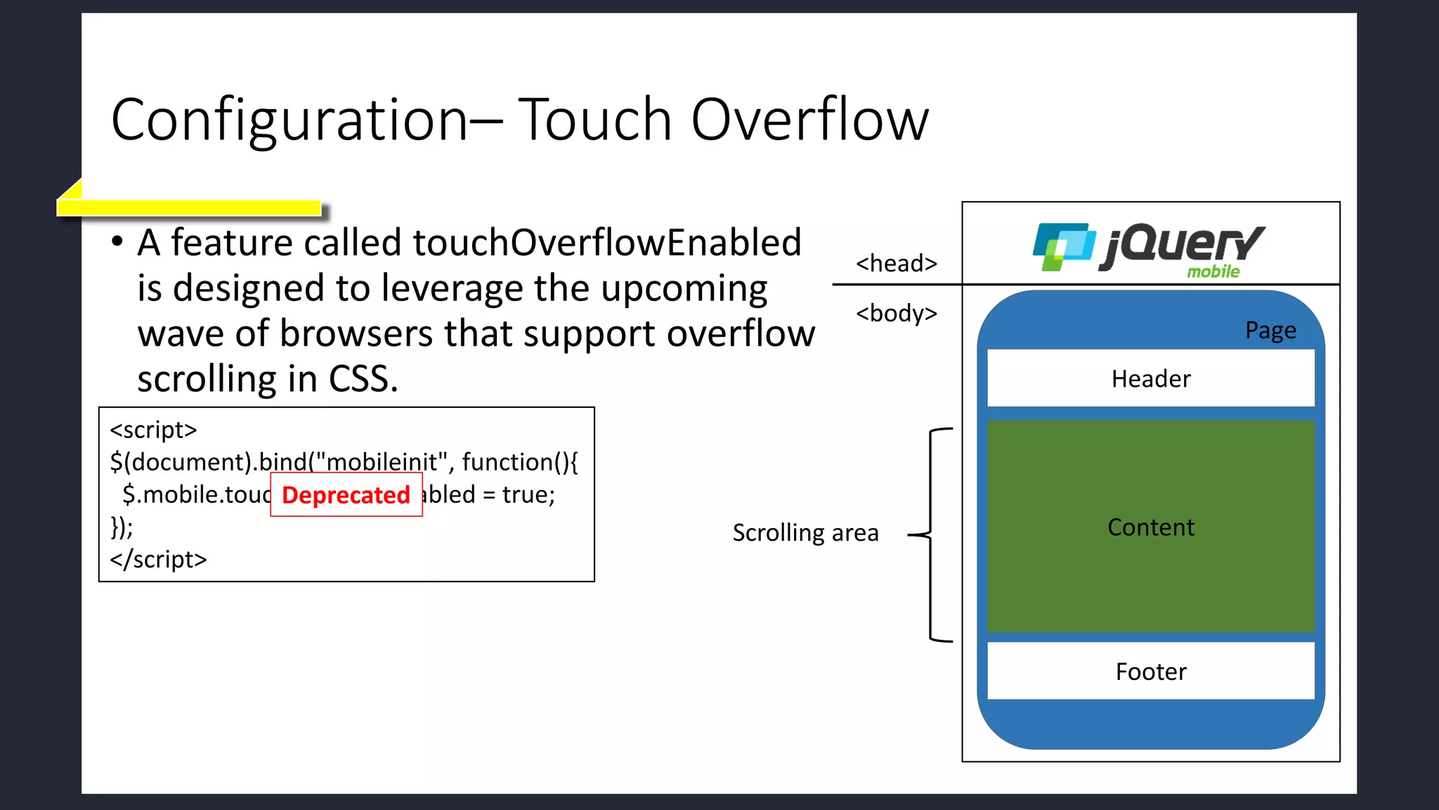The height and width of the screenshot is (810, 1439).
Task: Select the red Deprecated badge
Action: (x=346, y=495)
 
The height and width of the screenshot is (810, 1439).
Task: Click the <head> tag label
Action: (x=897, y=264)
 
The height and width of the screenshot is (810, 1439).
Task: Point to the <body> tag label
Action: (x=897, y=313)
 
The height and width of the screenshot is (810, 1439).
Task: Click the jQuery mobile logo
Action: (x=1149, y=247)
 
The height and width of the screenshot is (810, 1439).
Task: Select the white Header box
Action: (x=1150, y=378)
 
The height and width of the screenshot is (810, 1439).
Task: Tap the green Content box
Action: (x=1150, y=527)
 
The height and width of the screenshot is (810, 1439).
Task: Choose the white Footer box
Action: (x=1150, y=671)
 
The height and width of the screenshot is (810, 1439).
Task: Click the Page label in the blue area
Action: (x=1270, y=330)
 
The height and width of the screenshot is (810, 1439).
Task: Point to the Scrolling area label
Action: (x=805, y=533)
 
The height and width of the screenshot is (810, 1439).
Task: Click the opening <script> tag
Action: (x=153, y=430)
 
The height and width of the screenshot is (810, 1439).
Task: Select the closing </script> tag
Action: (x=158, y=560)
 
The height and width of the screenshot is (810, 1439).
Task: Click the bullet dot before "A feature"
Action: (x=117, y=243)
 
